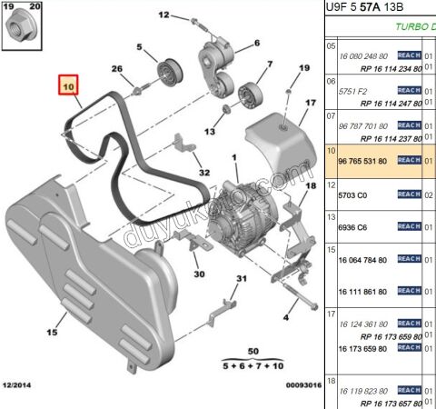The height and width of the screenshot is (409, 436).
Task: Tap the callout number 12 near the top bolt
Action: click(165, 15)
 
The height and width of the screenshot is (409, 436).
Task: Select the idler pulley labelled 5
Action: click(169, 72)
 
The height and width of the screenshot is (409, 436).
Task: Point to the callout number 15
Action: click(63, 317)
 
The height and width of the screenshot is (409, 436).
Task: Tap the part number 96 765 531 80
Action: click(362, 161)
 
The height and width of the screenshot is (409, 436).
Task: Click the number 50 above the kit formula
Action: click(253, 350)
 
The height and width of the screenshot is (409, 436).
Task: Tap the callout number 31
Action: click(242, 279)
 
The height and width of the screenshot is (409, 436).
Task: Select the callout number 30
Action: click(199, 272)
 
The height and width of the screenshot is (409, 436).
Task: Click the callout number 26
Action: click(116, 69)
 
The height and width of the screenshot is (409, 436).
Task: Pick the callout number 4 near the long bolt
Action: click(284, 317)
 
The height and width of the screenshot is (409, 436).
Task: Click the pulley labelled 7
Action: click(246, 93)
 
